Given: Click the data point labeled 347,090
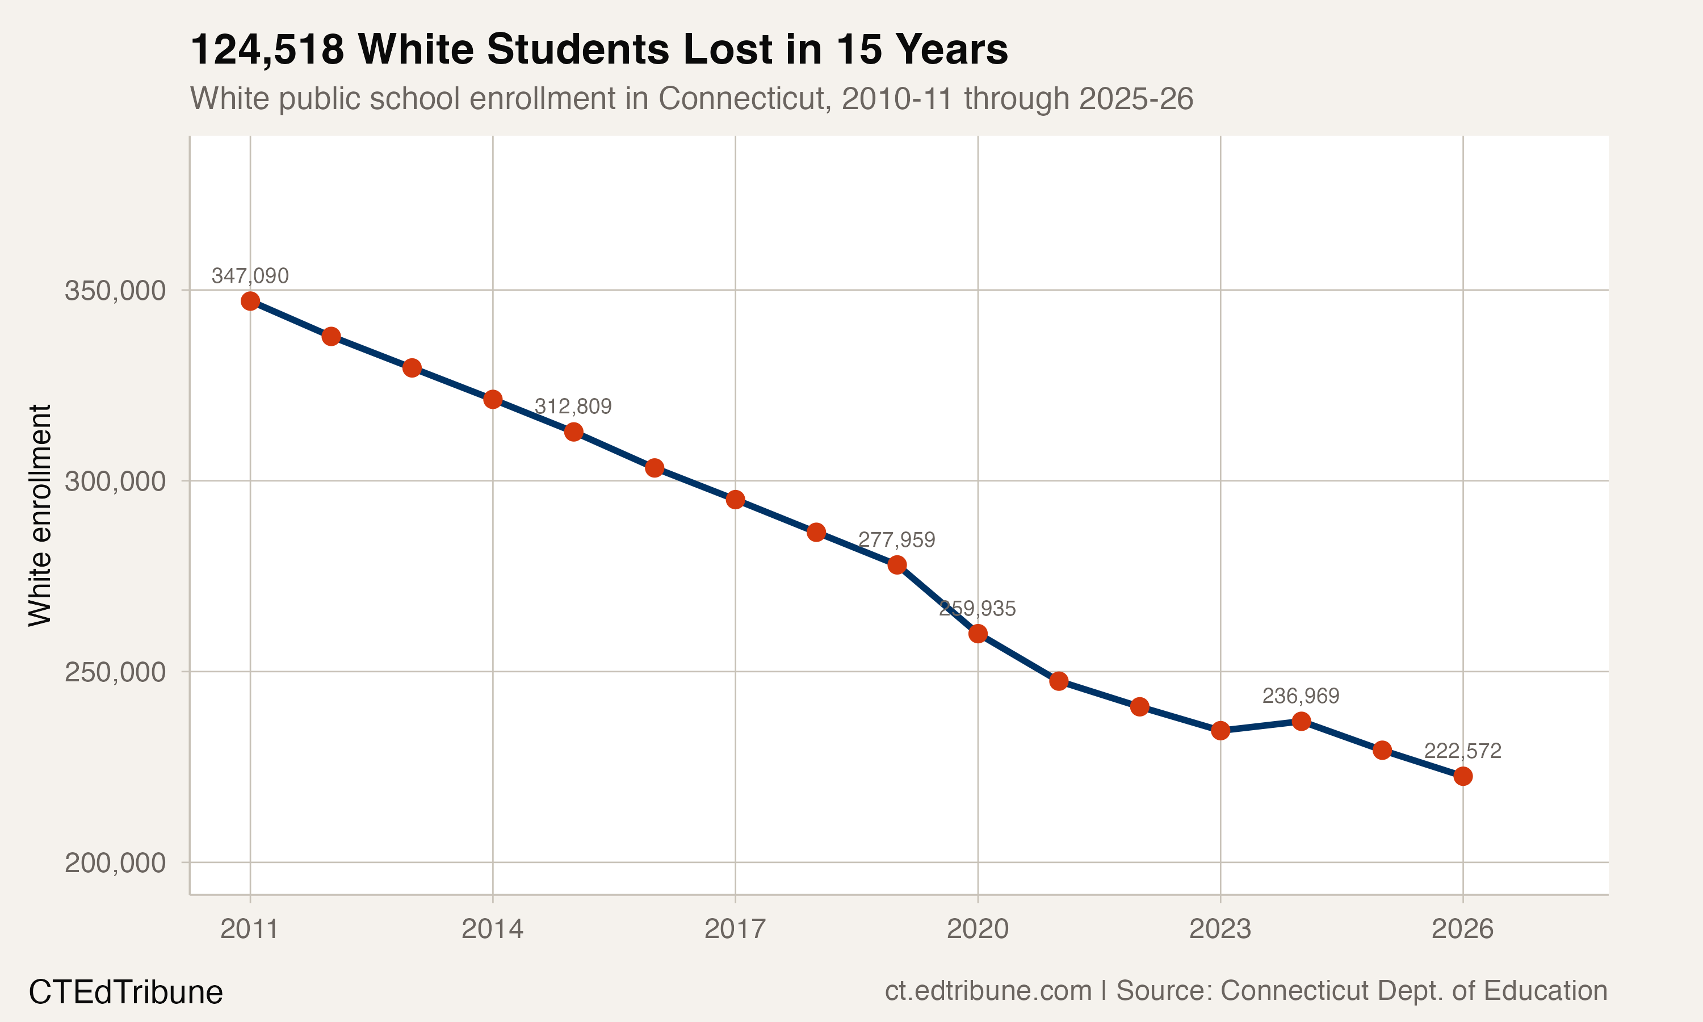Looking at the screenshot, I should coord(250,301).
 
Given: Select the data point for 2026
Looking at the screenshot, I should coord(1463,776).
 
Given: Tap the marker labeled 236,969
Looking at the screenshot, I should coord(1301,721).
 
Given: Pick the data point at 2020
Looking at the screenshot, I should coord(978,634).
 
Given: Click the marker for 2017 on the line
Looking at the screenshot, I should coord(735,499).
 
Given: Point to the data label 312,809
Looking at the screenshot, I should coord(573,407).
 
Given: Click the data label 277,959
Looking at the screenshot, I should coord(896,539).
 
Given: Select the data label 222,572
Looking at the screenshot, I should coord(1462,751).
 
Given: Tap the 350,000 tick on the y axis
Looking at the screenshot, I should coord(115,291).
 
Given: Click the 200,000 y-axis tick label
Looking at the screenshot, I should coord(115,862).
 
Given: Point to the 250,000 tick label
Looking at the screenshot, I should coord(115,672).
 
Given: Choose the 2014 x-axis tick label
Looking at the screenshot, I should coord(492,929).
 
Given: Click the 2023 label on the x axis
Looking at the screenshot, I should coord(1220,929).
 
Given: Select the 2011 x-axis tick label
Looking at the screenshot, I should coord(249,929).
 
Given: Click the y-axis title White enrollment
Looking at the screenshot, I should coord(40,515).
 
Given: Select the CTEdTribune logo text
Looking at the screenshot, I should coord(125,992).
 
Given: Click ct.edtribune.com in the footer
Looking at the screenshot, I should coord(988,990).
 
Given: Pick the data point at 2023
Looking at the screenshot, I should coord(1220,731).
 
